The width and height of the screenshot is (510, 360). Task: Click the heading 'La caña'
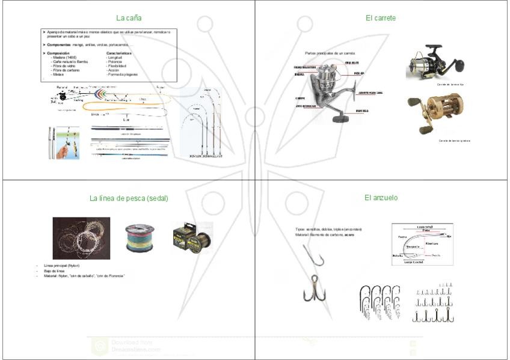click(129, 18)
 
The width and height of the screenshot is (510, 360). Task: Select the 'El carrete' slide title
click(380, 18)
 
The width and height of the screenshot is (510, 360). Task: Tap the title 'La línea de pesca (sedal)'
click(129, 198)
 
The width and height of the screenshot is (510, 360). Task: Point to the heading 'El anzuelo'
click(381, 197)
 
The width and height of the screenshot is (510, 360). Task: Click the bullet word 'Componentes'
click(60, 45)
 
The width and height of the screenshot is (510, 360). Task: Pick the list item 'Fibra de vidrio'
click(65, 66)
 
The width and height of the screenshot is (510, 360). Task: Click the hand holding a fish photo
click(62, 142)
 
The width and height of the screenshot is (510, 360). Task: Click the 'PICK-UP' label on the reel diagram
click(359, 73)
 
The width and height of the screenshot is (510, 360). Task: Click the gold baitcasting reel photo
click(431, 114)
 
